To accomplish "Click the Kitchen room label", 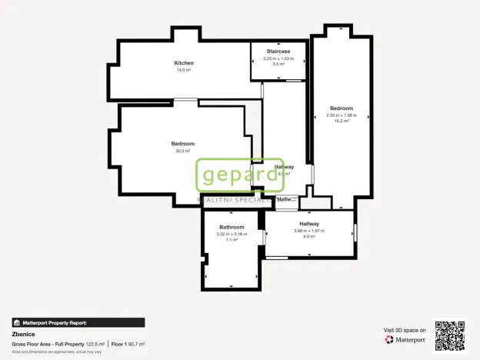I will (183, 63).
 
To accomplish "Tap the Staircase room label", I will (278, 52).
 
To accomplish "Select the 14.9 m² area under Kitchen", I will (183, 70).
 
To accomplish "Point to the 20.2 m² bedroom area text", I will (183, 151).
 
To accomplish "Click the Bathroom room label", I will (232, 227).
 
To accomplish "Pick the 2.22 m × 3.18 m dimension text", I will (232, 234).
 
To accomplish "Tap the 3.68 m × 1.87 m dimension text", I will (309, 231).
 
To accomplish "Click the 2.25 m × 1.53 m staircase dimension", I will (278, 58).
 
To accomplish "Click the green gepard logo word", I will (238, 175).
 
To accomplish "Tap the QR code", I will (450, 335).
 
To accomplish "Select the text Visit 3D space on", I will (405, 329).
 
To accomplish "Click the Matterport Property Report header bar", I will (78, 323).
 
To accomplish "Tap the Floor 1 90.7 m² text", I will (128, 344).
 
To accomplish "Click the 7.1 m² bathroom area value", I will (232, 240).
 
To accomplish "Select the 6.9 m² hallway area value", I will (309, 237).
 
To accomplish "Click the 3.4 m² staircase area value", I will (278, 65).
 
